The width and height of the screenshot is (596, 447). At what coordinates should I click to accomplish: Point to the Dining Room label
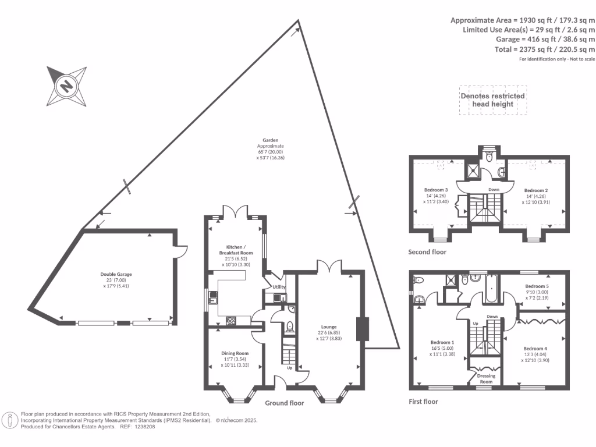(x=235, y=353)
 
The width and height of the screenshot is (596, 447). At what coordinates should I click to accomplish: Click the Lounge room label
(x=329, y=327)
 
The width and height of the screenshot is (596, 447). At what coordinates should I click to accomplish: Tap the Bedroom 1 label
(x=442, y=342)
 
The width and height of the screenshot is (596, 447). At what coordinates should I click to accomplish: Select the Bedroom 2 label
(x=536, y=190)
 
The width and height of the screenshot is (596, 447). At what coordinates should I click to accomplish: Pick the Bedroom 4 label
(x=535, y=348)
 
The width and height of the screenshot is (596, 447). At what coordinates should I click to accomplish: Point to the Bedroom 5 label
(x=537, y=286)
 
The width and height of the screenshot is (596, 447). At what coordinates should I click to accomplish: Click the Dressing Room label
(x=485, y=378)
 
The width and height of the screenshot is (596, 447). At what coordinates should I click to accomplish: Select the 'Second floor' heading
(x=427, y=252)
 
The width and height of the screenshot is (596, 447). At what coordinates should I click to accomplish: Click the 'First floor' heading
(x=423, y=402)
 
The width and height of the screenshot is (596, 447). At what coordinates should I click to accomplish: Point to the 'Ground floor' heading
(x=285, y=403)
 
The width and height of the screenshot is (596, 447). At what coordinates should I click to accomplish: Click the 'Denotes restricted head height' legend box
(x=492, y=100)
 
